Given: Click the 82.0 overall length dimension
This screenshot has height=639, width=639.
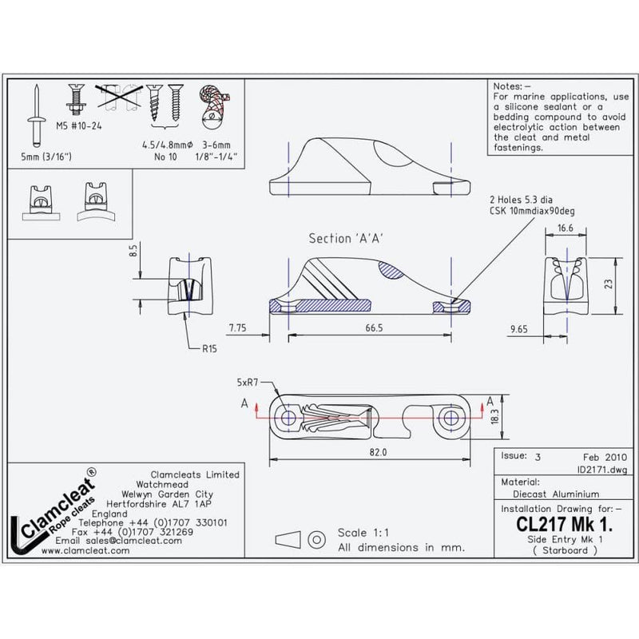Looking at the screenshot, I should pyautogui.click(x=368, y=453).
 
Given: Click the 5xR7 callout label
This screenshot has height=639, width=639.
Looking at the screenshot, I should pyautogui.click(x=249, y=383).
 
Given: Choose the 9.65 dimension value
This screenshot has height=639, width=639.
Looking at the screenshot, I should pyautogui.click(x=519, y=327).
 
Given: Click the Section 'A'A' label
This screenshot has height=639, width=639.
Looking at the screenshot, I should pyautogui.click(x=343, y=239).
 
